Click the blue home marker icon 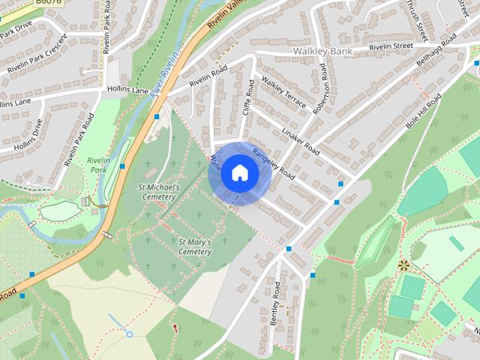point(239,173)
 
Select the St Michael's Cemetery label point(159,191)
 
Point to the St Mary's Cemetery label point(195,247)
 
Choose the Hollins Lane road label point(130,90)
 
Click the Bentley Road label point(277,303)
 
